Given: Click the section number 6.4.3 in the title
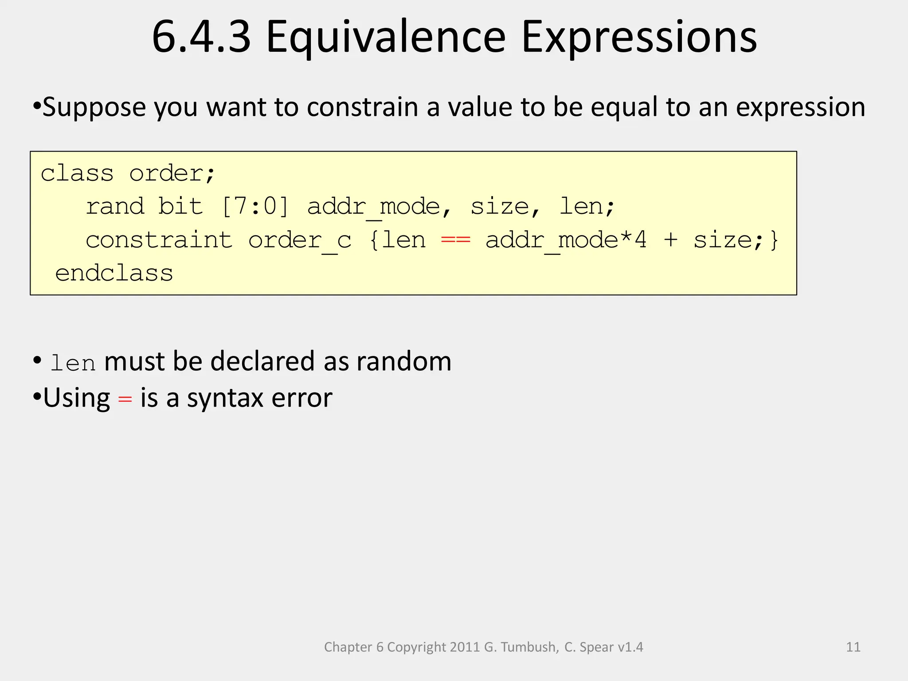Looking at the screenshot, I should [201, 37].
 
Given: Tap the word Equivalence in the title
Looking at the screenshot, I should [386, 37].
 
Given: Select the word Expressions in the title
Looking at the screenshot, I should [639, 37].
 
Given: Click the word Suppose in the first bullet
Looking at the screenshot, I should [94, 107].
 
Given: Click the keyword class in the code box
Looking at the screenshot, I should [77, 173].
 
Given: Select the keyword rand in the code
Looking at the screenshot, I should [115, 206].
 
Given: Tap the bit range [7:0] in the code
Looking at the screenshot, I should [255, 206].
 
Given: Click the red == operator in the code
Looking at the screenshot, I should [455, 240].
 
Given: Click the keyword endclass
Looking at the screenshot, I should [114, 273].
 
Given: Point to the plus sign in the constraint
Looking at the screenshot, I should [670, 240].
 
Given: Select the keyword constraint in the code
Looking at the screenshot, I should [159, 240].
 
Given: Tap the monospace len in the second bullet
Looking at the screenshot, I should [73, 364].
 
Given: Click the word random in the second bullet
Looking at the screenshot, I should [403, 361].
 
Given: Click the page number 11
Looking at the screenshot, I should [853, 647].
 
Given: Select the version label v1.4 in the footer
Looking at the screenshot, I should [630, 647].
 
